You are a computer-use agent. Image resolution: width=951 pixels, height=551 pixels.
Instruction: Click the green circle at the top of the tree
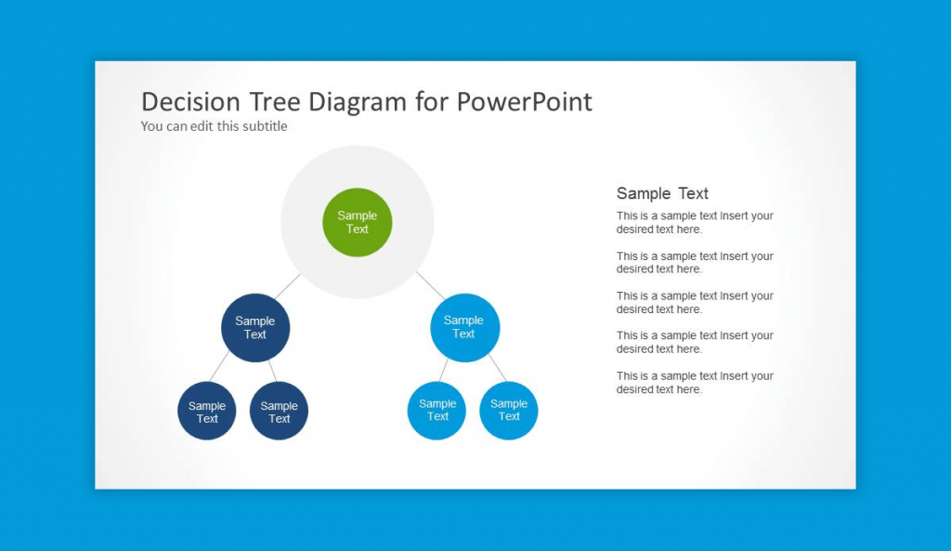click(x=358, y=222)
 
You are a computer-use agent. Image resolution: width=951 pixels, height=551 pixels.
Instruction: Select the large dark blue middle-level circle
click(x=255, y=328)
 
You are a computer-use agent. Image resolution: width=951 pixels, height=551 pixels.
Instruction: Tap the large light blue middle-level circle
click(x=464, y=327)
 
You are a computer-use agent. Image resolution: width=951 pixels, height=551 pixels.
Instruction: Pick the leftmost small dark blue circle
click(x=207, y=411)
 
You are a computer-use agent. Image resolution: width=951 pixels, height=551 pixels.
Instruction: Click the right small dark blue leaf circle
click(x=279, y=411)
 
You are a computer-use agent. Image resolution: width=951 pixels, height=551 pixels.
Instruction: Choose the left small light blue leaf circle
click(x=436, y=410)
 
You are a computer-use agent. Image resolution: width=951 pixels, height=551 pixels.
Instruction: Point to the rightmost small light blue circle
click(x=509, y=410)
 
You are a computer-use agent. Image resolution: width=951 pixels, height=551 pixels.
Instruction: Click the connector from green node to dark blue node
click(x=288, y=286)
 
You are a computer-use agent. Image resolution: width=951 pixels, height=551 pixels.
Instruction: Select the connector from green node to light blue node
click(x=429, y=284)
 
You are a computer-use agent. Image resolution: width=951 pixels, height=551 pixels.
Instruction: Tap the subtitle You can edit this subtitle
click(x=215, y=126)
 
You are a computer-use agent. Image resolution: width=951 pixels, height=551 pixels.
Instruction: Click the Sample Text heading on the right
click(x=662, y=193)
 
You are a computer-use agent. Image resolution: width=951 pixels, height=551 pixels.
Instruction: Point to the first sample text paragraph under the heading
click(x=694, y=222)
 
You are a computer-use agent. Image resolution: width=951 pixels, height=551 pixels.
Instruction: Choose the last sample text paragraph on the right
click(x=694, y=383)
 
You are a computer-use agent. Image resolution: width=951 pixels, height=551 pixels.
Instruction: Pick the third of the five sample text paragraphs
click(x=694, y=302)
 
